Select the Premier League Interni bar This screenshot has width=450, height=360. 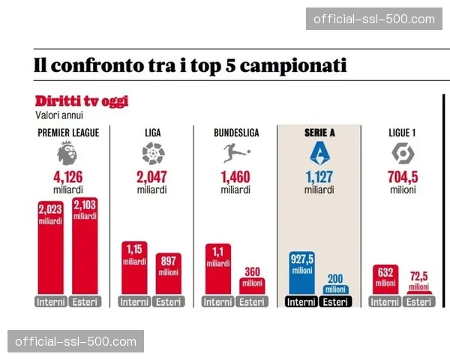click(51, 247)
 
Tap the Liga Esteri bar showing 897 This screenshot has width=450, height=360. click(169, 275)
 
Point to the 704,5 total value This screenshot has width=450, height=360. click(403, 178)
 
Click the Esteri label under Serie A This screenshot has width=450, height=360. click(336, 302)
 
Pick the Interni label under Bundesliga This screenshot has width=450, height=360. click(218, 302)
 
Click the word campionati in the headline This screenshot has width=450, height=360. click(289, 65)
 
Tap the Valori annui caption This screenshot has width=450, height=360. click(59, 115)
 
